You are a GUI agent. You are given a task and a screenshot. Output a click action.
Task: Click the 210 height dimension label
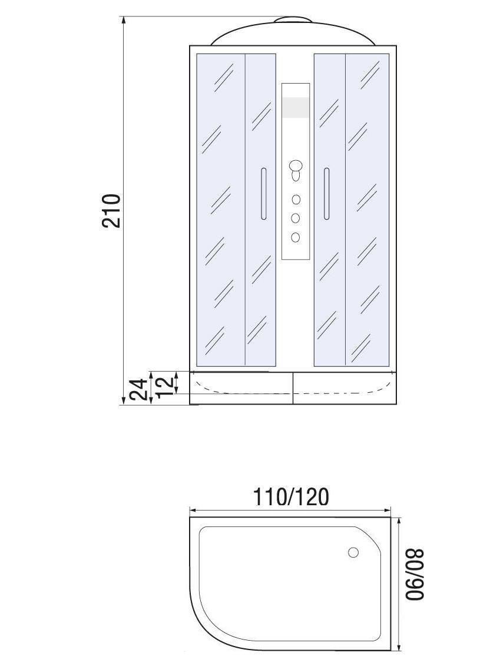pos(112,211)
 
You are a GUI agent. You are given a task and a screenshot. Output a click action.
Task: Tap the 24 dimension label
pos(140,390)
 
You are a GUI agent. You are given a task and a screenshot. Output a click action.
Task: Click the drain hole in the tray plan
pos(353,552)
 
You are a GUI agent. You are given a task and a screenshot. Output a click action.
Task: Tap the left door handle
pos(263,194)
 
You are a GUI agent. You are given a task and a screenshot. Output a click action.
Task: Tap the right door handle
pos(326,194)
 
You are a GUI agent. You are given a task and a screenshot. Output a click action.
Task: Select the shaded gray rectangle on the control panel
pos(296,107)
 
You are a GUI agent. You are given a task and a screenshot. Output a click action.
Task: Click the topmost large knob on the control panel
pos(295,165)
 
